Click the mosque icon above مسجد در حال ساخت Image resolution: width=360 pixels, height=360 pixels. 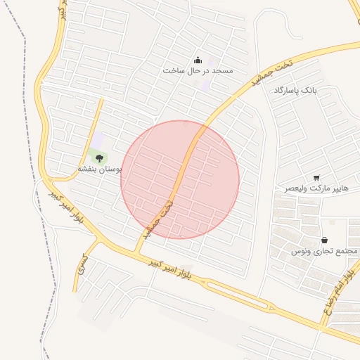198,60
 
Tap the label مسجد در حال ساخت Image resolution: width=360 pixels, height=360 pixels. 198,71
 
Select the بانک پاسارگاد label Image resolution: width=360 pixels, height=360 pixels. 296,91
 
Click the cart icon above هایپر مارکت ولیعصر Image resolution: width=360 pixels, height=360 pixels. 316,178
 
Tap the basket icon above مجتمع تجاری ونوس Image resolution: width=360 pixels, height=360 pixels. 324,240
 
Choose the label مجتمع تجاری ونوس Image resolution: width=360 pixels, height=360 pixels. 325,251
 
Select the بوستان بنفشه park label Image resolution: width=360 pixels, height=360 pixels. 99,169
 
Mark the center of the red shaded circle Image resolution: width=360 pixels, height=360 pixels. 180,179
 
